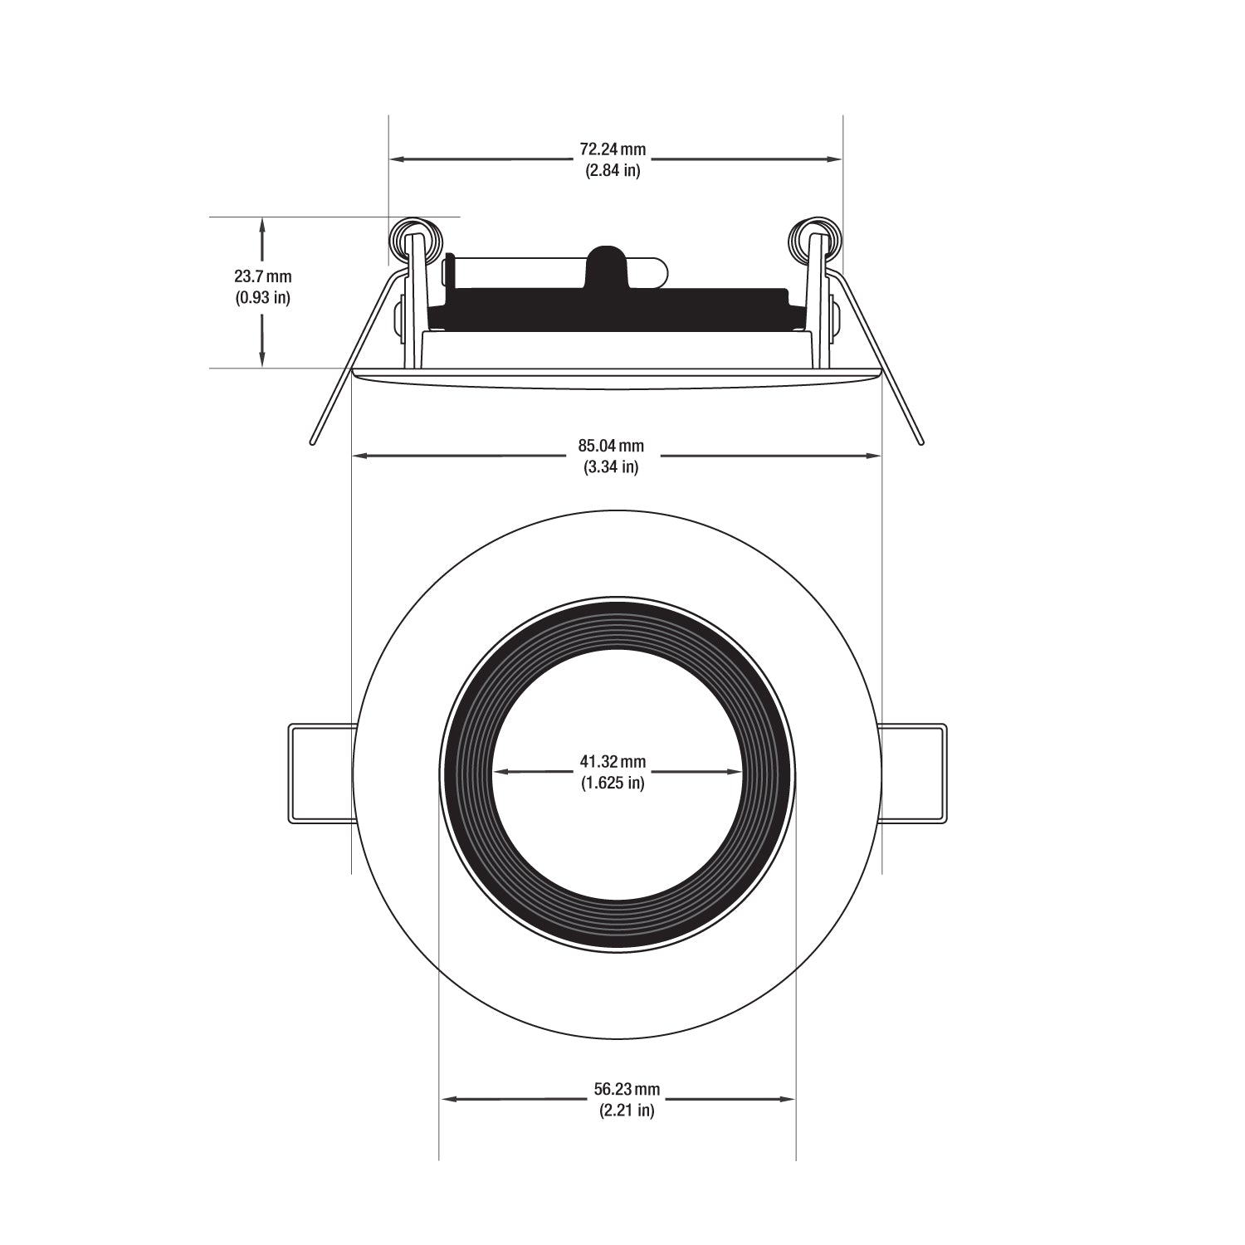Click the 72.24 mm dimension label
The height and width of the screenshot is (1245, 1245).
613,150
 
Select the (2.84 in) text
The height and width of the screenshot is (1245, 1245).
613,171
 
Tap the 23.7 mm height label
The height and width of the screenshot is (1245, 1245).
262,276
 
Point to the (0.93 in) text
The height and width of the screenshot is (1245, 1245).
262,297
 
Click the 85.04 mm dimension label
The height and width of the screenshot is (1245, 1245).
611,447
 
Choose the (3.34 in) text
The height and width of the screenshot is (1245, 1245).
611,467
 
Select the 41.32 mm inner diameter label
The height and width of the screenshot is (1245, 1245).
613,761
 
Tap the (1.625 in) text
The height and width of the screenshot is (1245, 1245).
613,782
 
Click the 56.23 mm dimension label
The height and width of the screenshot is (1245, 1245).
627,1090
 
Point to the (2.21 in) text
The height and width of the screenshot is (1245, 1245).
627,1111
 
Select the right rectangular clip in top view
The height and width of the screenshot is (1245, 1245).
913,774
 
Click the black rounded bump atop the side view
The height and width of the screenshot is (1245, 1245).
613,261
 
